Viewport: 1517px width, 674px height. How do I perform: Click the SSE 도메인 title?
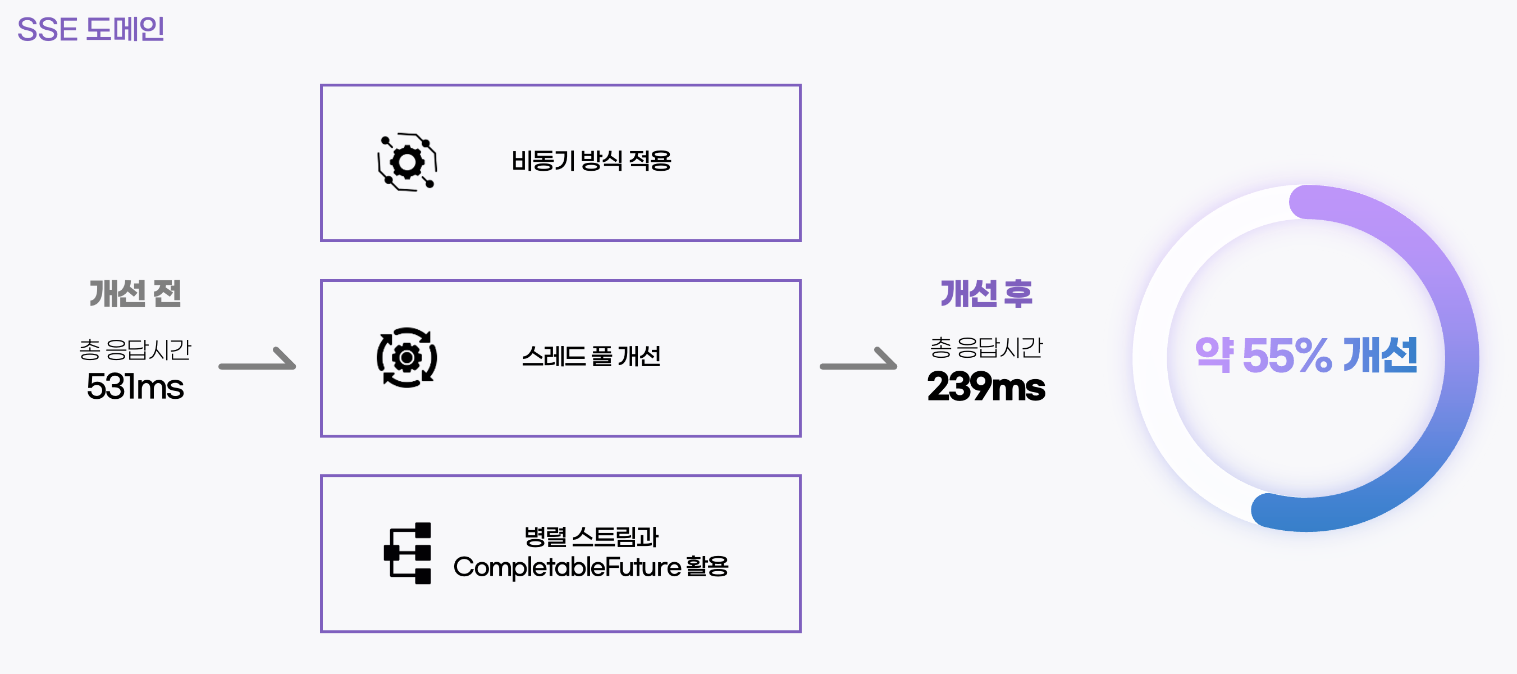[x=91, y=29]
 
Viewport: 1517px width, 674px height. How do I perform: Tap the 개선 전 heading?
[x=135, y=293]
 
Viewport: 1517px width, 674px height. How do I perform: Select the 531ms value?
[x=135, y=386]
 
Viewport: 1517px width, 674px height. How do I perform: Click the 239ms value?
[x=986, y=386]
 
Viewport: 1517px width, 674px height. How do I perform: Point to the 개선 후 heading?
[x=986, y=293]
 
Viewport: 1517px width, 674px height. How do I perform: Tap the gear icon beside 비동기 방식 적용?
[x=407, y=162]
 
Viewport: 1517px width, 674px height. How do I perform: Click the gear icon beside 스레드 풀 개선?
[x=407, y=357]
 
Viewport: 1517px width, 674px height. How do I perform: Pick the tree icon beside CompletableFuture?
[x=408, y=553]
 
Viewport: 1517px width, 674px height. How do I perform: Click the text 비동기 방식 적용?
[x=591, y=161]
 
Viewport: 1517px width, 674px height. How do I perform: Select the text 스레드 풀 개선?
[x=591, y=357]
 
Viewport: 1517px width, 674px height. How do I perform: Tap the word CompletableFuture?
[x=566, y=567]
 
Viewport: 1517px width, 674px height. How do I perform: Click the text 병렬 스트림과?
[x=591, y=537]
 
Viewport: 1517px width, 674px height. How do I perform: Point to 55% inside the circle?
[x=1287, y=356]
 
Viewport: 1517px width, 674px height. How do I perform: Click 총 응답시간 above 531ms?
[x=135, y=349]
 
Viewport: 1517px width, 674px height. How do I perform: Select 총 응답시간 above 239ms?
[x=986, y=347]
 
